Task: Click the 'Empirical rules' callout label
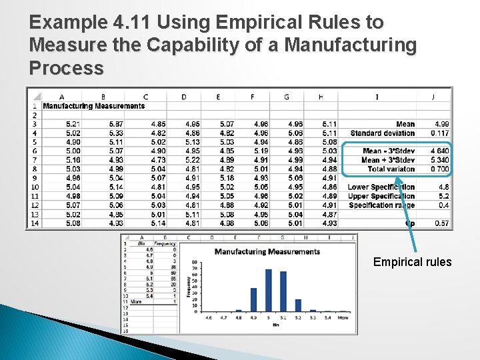coord(412,262)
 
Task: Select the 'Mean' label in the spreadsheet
coord(405,124)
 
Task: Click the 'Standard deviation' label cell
coord(382,133)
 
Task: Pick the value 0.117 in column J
coord(439,133)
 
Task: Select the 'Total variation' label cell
coord(391,169)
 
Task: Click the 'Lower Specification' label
coord(381,187)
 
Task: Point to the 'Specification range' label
coord(381,205)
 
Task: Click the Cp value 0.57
coord(441,223)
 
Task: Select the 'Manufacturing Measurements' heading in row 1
coord(93,106)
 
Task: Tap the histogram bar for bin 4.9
coord(253,299)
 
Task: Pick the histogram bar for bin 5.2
coord(298,305)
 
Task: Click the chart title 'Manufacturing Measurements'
coord(267,251)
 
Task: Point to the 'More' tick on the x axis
coord(343,318)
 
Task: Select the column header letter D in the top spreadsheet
coord(184,97)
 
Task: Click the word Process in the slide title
coord(67,68)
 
